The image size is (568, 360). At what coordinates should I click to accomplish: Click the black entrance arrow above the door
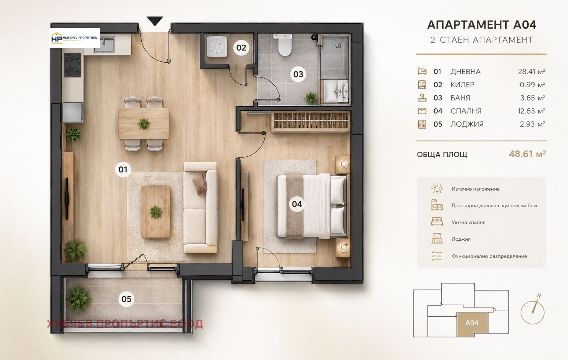click(x=155, y=21)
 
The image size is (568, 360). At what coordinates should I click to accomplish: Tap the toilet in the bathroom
click(x=284, y=45)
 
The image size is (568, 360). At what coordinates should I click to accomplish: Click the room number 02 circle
click(x=241, y=48)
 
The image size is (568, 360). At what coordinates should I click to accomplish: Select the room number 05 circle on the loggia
click(x=126, y=299)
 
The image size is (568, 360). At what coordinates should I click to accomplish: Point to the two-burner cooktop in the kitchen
click(x=72, y=65)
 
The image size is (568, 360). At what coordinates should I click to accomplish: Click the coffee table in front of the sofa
click(x=156, y=212)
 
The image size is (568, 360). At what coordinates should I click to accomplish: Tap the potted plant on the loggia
click(x=79, y=298)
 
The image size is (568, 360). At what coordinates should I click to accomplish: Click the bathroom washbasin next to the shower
click(x=336, y=91)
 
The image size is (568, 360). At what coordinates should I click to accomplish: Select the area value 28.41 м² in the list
click(x=532, y=72)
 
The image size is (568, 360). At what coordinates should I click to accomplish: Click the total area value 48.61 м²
click(x=527, y=154)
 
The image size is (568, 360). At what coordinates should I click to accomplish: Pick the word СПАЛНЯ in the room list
click(x=466, y=111)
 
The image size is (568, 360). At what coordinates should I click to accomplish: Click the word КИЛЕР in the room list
click(x=462, y=85)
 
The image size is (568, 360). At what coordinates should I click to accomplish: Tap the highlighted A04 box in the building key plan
click(x=472, y=324)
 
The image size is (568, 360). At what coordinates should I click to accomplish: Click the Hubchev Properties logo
click(x=74, y=38)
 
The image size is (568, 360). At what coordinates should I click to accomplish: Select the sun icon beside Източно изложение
click(x=437, y=189)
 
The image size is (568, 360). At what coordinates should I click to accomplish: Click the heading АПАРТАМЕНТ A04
click(x=481, y=25)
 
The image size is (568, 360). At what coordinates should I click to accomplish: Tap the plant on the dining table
click(x=144, y=124)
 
